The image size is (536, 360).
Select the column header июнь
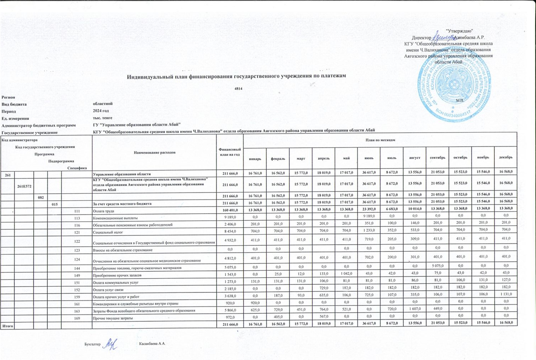point(369,158)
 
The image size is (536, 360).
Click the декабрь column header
point(506,157)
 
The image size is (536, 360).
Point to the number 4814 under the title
point(238,89)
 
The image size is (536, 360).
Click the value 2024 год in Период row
point(101,111)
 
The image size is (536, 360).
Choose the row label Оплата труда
point(103,211)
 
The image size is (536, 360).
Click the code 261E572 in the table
point(25,186)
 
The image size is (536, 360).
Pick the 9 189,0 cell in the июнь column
point(369,218)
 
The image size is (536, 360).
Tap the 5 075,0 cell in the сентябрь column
point(437,266)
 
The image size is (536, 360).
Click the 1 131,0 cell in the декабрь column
point(506,294)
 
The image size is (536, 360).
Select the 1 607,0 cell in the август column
point(415,308)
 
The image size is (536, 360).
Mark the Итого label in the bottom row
point(8,326)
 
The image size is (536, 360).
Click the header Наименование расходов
point(154,152)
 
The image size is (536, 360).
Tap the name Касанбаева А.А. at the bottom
point(152,344)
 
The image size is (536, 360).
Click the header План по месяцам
point(380,140)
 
